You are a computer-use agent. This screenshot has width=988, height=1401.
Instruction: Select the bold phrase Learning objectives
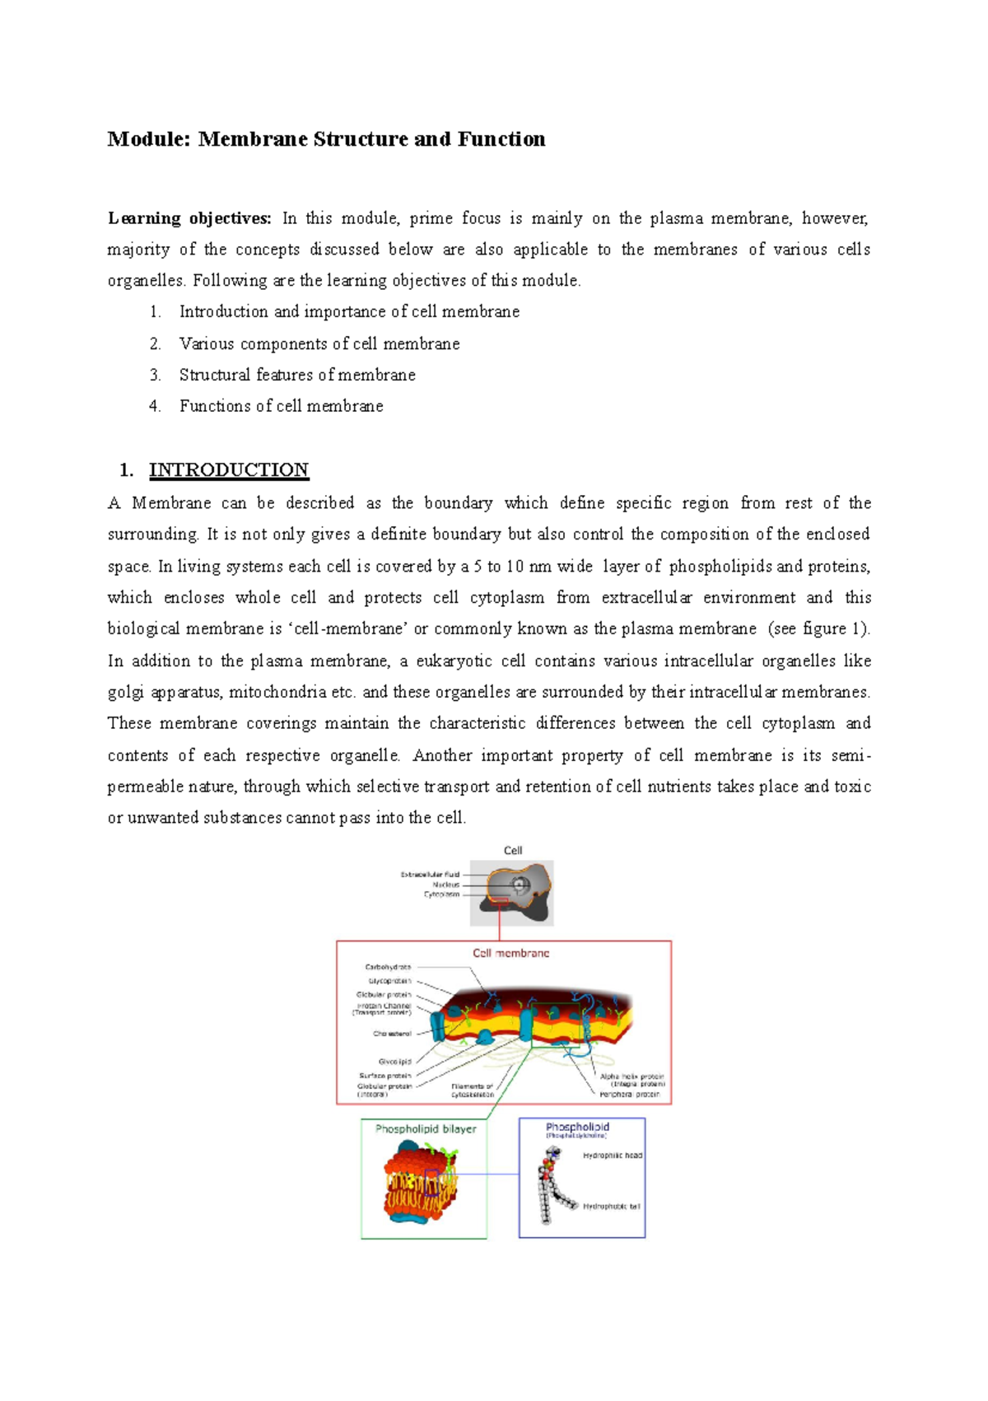[189, 218]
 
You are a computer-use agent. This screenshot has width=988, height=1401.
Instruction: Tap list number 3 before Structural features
[155, 376]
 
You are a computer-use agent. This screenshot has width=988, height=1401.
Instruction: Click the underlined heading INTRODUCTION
[228, 470]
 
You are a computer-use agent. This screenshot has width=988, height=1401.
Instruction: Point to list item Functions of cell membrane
[281, 406]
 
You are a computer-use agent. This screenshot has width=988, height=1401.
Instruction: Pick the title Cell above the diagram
[513, 851]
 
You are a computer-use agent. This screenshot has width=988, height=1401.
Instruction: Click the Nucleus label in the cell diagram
[445, 885]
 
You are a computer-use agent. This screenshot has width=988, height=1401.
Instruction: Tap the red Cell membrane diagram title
[510, 953]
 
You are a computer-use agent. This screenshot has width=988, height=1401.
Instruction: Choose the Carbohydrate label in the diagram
[388, 967]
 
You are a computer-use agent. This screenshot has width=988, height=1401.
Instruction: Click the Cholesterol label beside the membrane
[392, 1034]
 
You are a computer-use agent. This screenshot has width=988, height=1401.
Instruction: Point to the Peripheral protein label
[630, 1095]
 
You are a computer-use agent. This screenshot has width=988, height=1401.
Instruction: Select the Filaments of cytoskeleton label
[473, 1090]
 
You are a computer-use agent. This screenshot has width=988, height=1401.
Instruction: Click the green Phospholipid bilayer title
[426, 1129]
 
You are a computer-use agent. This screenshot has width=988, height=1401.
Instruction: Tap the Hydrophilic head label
[612, 1156]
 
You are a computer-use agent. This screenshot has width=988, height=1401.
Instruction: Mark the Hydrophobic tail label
[611, 1207]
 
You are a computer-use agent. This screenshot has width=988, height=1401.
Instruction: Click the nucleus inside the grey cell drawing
[520, 886]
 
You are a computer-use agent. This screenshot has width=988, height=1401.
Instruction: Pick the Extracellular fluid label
[430, 875]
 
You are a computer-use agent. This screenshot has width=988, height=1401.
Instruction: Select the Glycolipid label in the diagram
[394, 1062]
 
